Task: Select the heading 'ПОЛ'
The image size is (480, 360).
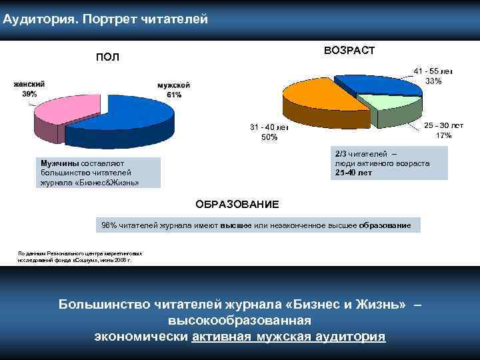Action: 107,57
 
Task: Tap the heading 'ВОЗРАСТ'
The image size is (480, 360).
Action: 349,51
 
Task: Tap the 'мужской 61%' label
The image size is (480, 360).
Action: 174,90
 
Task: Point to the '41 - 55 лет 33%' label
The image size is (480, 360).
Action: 433,75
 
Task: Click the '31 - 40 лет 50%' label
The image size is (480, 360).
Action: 269,132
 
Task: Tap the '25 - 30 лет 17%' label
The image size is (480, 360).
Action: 443,130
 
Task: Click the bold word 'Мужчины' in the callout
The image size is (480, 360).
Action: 60,163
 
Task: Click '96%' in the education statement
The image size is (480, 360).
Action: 108,226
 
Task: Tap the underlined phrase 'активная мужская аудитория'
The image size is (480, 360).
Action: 288,337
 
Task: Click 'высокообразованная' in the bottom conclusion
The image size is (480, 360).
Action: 240,321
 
